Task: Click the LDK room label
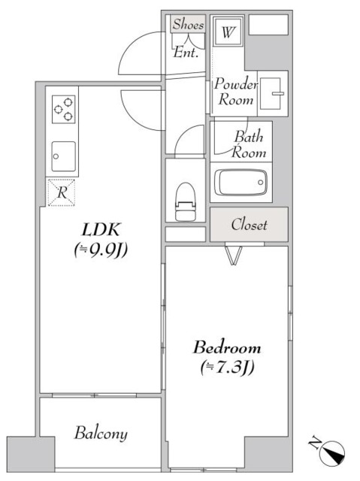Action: (x=101, y=229)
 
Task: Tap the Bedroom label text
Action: (x=227, y=347)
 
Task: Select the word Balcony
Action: (x=101, y=433)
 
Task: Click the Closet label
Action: (x=249, y=225)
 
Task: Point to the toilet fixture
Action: (x=185, y=201)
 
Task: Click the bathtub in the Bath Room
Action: (x=241, y=183)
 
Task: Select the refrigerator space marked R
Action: (x=62, y=192)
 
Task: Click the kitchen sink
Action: (x=63, y=156)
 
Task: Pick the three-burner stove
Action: (x=63, y=109)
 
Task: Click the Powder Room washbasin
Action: (x=271, y=93)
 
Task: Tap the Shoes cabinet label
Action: (x=188, y=24)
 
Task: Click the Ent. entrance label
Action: (x=185, y=53)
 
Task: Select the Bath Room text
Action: (x=249, y=144)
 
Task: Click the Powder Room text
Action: (x=235, y=92)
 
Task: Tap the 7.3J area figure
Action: (x=227, y=367)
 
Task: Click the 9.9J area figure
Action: (x=101, y=250)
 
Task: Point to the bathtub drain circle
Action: (x=260, y=183)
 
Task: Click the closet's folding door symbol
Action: (x=234, y=255)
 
